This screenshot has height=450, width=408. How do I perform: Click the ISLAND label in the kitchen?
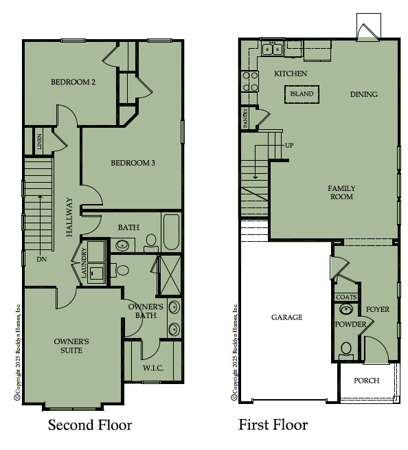tap(302, 94)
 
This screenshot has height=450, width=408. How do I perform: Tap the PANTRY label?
tap(246, 118)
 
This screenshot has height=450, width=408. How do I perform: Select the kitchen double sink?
tap(272, 49)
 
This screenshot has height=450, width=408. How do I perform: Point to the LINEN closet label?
tap(39, 142)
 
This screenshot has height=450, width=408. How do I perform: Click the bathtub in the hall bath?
tap(171, 232)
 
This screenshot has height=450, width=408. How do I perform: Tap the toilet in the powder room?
tap(346, 351)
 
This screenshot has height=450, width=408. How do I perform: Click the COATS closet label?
tap(346, 297)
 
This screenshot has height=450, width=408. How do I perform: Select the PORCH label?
tap(366, 381)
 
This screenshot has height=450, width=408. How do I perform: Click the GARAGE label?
tap(286, 317)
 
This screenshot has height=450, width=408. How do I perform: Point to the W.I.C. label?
tap(153, 368)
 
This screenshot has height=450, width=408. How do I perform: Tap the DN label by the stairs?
tap(42, 259)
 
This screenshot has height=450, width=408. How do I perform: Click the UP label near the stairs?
tap(289, 146)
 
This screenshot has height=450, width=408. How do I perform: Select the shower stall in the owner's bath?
tap(170, 275)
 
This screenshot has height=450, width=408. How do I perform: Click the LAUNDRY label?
tap(84, 263)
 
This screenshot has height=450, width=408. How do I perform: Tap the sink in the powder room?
tap(346, 309)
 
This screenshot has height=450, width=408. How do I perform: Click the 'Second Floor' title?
tap(90, 425)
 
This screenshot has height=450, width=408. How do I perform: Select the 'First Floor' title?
tap(273, 425)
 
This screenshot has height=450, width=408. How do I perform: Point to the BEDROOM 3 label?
tap(133, 163)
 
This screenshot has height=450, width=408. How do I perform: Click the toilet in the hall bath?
tap(151, 243)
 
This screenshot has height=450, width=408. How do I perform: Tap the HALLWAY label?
tap(69, 217)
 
